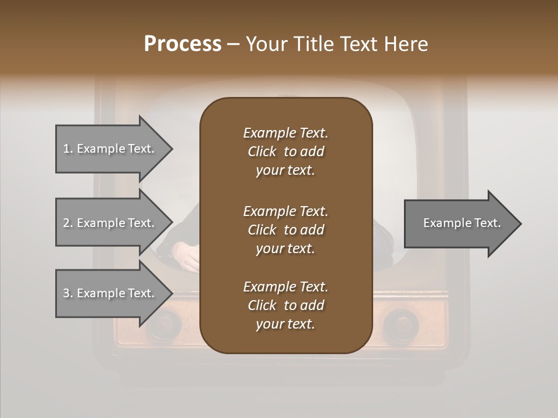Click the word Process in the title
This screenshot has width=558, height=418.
point(183,44)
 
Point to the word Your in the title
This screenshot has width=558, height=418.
point(267,44)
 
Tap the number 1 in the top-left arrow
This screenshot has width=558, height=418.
point(66,149)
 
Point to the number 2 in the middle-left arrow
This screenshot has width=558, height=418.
point(66,223)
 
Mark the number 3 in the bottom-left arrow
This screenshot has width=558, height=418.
point(66,293)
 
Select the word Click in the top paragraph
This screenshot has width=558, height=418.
point(262,152)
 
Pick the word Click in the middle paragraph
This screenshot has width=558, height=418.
point(262,230)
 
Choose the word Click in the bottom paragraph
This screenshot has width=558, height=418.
point(262,305)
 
